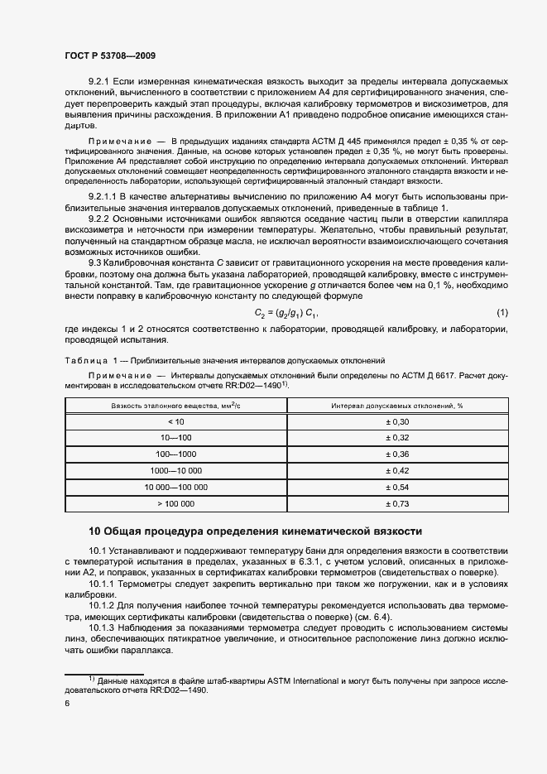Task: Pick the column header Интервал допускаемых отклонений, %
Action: coord(396,406)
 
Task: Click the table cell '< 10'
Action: coord(170,422)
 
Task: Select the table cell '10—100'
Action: coord(170,438)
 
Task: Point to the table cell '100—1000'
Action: coord(170,454)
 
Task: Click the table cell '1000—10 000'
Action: coord(170,470)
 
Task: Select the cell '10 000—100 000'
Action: coord(170,487)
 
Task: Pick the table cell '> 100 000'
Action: coord(170,502)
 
